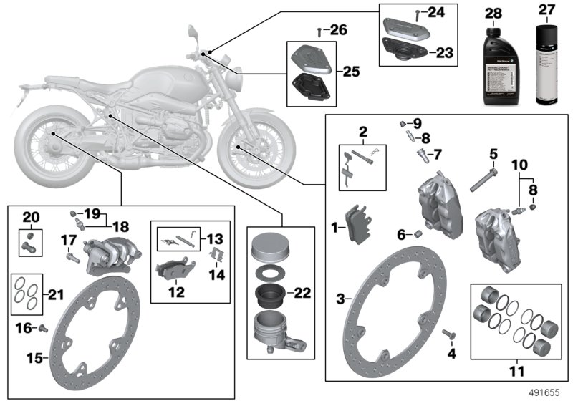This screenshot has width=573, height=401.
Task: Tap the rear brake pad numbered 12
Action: (x=171, y=271)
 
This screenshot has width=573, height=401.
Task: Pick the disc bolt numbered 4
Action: (x=448, y=334)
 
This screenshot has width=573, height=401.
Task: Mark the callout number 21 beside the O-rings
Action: (x=54, y=294)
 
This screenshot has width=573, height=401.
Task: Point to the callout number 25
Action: (x=351, y=72)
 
